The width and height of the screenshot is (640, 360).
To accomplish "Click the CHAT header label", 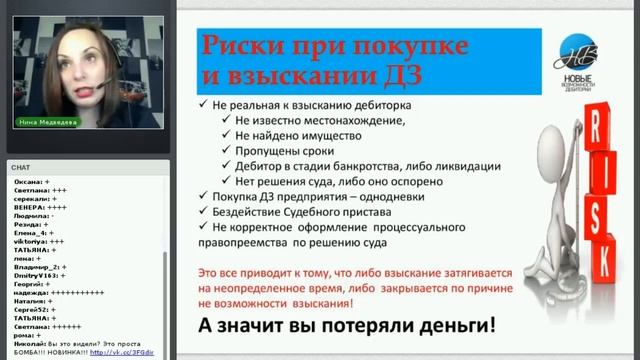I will (20, 168).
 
